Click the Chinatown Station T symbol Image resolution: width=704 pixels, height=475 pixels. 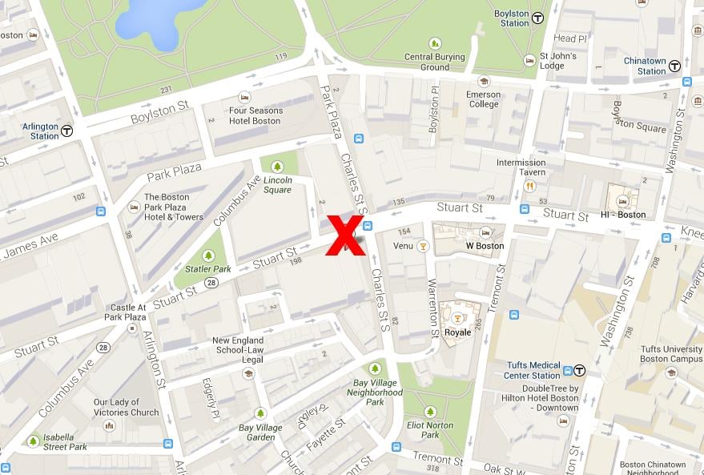point(675,66)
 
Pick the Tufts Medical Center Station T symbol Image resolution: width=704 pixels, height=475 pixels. point(579,370)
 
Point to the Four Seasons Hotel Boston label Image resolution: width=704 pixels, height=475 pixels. point(255,115)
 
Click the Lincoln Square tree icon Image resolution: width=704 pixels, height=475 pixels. point(277,167)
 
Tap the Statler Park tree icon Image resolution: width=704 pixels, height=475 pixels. point(208,256)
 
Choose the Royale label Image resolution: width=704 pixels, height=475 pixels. point(457,332)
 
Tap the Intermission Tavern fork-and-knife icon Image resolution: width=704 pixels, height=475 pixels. point(529,186)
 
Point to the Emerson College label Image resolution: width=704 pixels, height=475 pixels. point(484,99)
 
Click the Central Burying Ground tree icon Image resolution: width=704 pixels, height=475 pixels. point(435,43)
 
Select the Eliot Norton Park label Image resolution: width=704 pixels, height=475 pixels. point(430,430)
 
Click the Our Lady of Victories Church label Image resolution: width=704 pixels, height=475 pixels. point(126,408)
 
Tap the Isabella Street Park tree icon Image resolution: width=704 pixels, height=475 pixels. point(33,441)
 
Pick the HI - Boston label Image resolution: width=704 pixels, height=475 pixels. point(622,214)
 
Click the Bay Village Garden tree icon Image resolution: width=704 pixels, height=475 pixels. point(259,413)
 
